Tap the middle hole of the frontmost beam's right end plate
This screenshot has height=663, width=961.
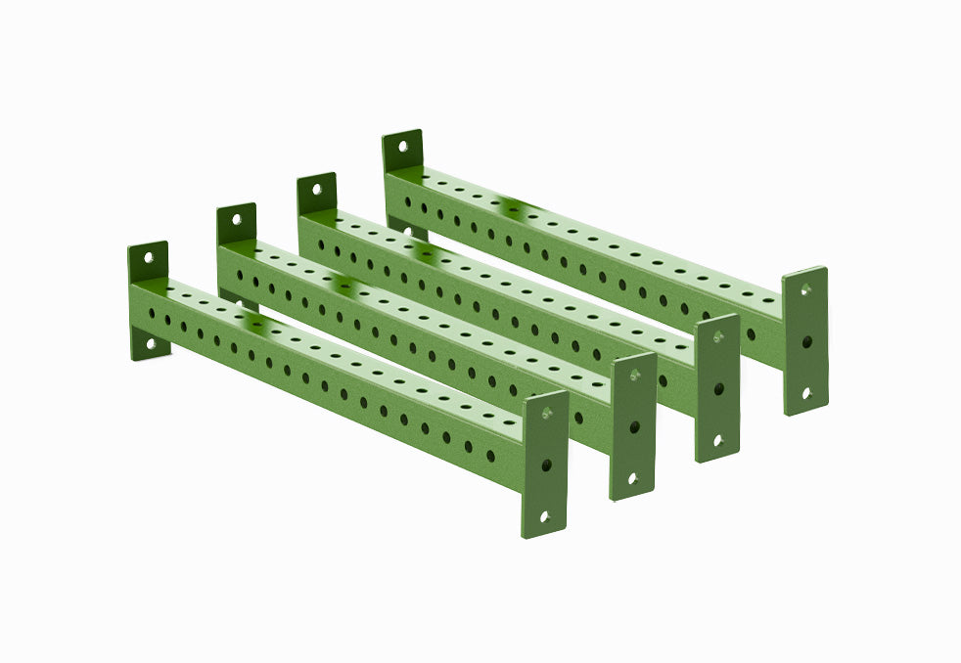coord(546,465)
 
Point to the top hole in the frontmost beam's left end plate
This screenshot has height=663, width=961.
coord(149,259)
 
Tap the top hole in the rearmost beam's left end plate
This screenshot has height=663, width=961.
coord(402,147)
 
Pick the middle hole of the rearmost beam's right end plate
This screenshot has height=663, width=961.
coord(806,342)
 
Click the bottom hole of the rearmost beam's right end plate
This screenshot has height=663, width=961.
coord(805,392)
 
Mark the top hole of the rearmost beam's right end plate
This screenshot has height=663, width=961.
coord(807,290)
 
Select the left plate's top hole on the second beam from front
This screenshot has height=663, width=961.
coord(237,221)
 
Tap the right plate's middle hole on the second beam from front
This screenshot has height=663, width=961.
coord(634,427)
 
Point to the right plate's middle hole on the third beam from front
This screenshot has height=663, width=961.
coord(717,388)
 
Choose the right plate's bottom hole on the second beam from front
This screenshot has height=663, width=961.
coord(632,478)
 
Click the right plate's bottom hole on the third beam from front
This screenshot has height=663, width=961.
coord(716,439)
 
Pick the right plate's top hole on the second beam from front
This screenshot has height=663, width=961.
coord(635,376)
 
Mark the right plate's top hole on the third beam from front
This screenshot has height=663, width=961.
coord(719,336)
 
